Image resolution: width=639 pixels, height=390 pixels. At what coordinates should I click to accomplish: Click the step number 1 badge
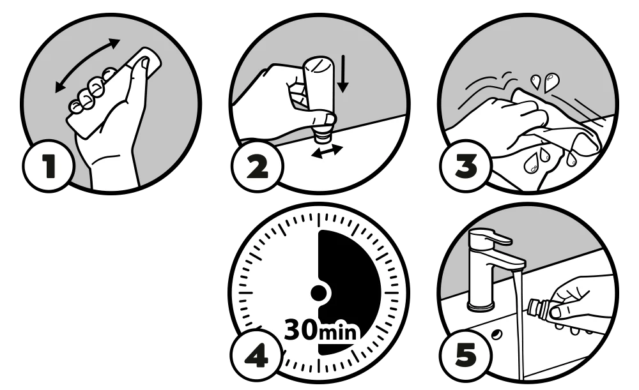coord(48,166)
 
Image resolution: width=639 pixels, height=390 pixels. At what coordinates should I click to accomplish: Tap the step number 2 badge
coord(257,166)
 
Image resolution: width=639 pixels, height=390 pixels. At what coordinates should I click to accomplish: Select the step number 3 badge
coord(466,166)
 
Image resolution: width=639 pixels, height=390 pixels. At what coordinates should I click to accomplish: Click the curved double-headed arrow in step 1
coord(86,61)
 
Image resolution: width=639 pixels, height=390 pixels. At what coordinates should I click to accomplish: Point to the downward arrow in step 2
coord(343,73)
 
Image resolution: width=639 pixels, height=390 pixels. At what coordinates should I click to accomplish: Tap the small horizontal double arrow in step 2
coord(327,151)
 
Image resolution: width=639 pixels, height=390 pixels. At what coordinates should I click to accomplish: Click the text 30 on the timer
coord(300,330)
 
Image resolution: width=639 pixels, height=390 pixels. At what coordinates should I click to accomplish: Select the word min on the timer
coord(337,332)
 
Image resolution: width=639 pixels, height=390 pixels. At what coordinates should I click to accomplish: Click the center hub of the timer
coord(319,292)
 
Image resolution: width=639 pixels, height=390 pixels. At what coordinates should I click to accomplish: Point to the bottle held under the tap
coord(539,308)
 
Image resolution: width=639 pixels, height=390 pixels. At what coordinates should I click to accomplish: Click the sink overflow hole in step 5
coord(497,334)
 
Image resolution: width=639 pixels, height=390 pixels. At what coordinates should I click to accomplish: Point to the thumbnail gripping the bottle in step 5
coord(555,313)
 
